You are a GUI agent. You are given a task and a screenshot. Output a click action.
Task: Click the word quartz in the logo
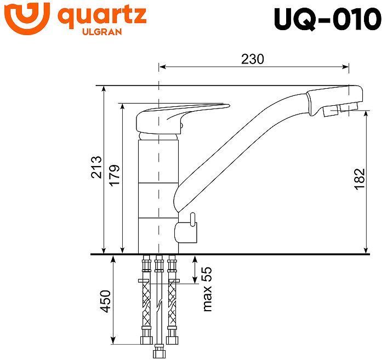click(x=102, y=16)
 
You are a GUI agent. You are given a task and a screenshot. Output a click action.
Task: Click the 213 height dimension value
click(x=97, y=167)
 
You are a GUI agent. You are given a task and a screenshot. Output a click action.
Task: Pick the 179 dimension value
click(x=114, y=175)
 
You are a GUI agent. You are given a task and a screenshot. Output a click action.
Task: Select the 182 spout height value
click(x=360, y=179)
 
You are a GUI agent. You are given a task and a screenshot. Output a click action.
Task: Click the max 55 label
click(x=207, y=290)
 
